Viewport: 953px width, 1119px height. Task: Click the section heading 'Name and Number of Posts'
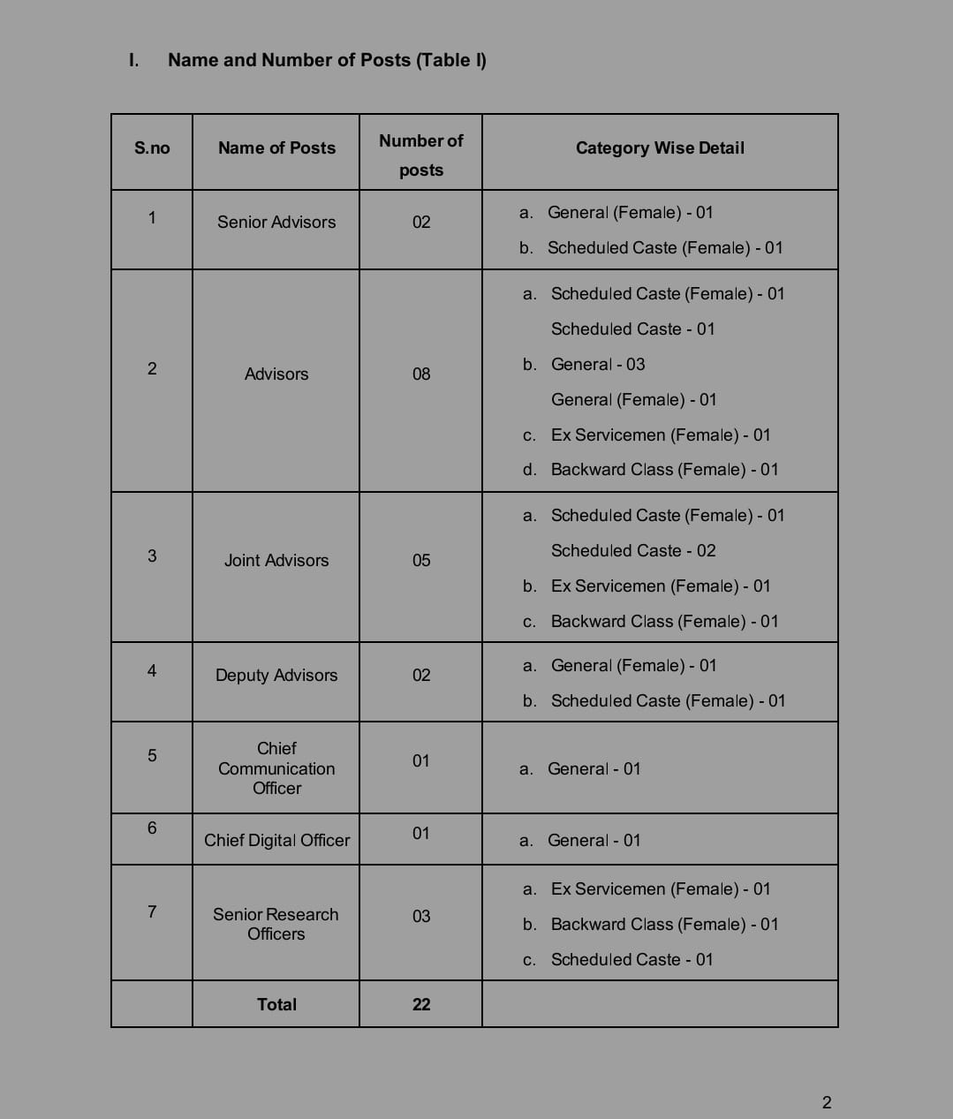click(x=327, y=60)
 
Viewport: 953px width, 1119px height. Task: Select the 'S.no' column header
click(x=152, y=148)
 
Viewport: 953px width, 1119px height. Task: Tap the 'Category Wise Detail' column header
click(x=660, y=148)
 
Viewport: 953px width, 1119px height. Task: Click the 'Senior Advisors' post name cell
click(x=276, y=223)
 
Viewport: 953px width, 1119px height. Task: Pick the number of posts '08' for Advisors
click(x=421, y=374)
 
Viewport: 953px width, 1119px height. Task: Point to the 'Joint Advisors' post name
click(x=276, y=561)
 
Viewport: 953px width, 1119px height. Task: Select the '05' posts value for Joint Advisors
click(x=421, y=561)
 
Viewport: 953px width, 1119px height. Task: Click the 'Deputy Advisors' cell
click(x=276, y=676)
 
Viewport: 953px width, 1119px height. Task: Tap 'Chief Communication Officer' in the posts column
click(x=276, y=768)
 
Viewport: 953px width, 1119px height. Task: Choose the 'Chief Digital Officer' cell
click(x=276, y=841)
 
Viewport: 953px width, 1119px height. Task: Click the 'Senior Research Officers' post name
click(x=276, y=924)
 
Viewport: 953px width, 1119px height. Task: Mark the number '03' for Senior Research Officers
click(x=421, y=917)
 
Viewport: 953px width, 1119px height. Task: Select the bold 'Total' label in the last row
click(x=276, y=1005)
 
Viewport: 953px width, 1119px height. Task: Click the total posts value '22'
click(x=421, y=1005)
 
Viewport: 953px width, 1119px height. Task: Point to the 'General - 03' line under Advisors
click(x=598, y=365)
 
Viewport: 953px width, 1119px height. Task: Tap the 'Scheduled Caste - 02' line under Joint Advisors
click(x=633, y=551)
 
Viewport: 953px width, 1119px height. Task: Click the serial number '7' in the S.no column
click(x=152, y=911)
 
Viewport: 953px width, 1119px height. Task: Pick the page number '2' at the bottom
click(x=827, y=1102)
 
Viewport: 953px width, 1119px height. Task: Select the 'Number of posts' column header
click(x=420, y=155)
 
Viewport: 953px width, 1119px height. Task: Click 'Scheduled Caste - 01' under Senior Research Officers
click(x=632, y=960)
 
